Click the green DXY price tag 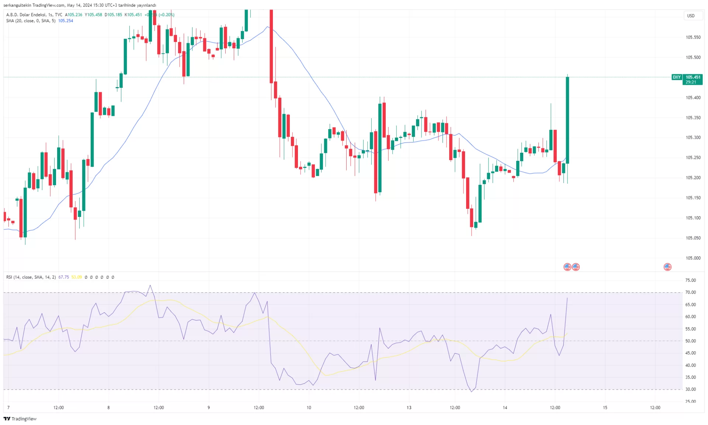(x=676, y=77)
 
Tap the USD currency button (x=691, y=15)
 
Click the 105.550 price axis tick (x=693, y=37)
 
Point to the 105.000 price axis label (x=693, y=258)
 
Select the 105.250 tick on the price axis (x=693, y=158)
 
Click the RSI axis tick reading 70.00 (x=690, y=292)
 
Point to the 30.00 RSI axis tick (x=690, y=389)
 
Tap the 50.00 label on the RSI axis (x=690, y=341)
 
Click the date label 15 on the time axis (x=605, y=408)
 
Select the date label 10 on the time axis (x=309, y=408)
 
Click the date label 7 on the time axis (x=8, y=408)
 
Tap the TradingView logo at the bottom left (x=20, y=419)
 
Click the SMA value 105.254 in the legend (x=66, y=21)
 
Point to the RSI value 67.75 (x=63, y=277)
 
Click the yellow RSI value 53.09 (x=76, y=277)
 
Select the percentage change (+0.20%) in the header (x=166, y=15)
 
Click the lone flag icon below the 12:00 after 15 (x=667, y=267)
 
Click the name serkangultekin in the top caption (x=17, y=5)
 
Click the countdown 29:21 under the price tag (x=691, y=82)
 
